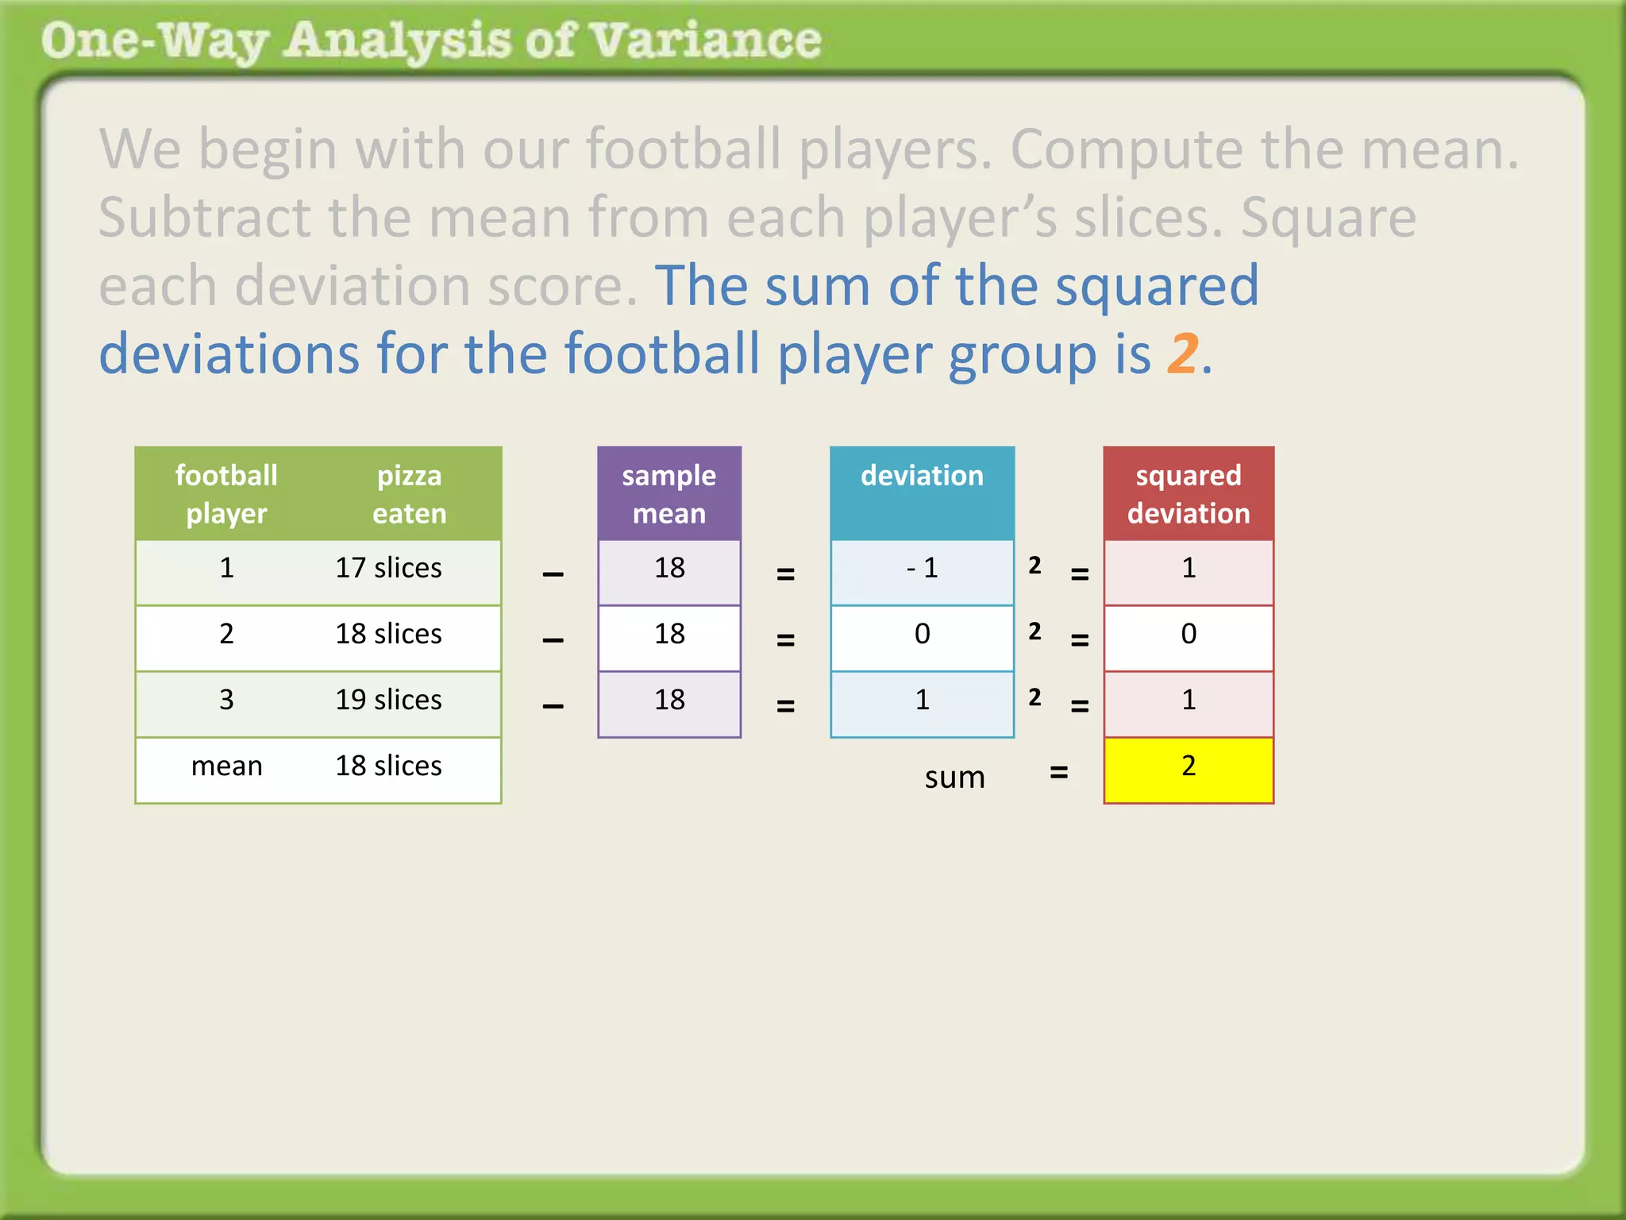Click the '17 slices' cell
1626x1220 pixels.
(388, 569)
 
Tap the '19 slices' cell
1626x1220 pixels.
(388, 701)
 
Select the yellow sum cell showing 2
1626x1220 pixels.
(1188, 767)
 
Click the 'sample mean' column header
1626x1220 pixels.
(669, 494)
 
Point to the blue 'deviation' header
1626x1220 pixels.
(922, 477)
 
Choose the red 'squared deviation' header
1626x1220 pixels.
(1188, 494)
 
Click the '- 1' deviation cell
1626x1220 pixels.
(922, 569)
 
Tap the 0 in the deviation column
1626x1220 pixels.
(922, 635)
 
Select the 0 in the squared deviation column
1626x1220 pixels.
(1188, 635)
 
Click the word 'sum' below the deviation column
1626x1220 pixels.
(954, 778)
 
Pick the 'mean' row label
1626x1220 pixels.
(226, 766)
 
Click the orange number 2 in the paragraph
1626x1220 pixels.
(1182, 353)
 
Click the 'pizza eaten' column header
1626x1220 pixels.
(409, 494)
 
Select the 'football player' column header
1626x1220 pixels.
(226, 494)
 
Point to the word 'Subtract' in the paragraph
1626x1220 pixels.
(204, 218)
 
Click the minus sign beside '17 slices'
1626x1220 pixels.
(553, 574)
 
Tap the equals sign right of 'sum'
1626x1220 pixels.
(1058, 772)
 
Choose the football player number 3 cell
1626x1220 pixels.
(226, 701)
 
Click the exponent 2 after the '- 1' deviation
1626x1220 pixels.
(1035, 566)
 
